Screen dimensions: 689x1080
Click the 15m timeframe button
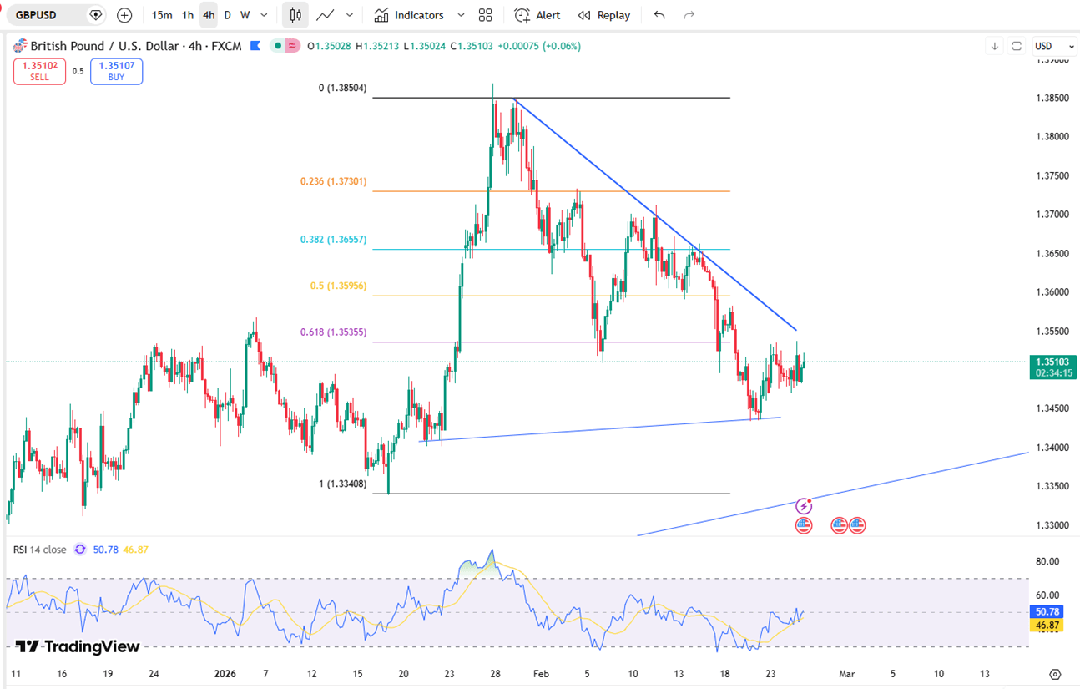pyautogui.click(x=162, y=15)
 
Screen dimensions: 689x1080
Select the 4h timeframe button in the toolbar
pyautogui.click(x=209, y=15)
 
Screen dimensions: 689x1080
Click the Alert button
pyautogui.click(x=537, y=15)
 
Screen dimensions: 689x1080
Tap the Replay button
pyautogui.click(x=604, y=15)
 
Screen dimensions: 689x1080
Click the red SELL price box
pyautogui.click(x=39, y=71)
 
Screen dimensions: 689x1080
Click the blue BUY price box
pyautogui.click(x=116, y=71)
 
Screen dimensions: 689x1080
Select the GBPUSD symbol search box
pyautogui.click(x=49, y=15)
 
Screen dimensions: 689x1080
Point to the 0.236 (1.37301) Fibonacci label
pyautogui.click(x=333, y=181)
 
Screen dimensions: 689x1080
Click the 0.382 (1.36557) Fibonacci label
pyautogui.click(x=333, y=240)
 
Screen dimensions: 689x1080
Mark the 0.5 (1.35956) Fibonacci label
pyautogui.click(x=338, y=286)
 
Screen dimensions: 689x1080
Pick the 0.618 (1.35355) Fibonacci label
pyautogui.click(x=333, y=332)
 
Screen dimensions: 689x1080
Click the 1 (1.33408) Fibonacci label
pyautogui.click(x=342, y=484)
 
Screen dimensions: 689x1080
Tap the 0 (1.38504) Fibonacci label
pyautogui.click(x=342, y=88)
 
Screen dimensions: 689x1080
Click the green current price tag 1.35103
pyautogui.click(x=1052, y=362)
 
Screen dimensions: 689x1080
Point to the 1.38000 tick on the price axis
pyautogui.click(x=1052, y=137)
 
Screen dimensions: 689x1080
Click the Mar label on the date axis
pyautogui.click(x=847, y=673)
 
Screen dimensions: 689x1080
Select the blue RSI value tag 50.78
pyautogui.click(x=1047, y=611)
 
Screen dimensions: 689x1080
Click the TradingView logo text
pyautogui.click(x=78, y=646)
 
